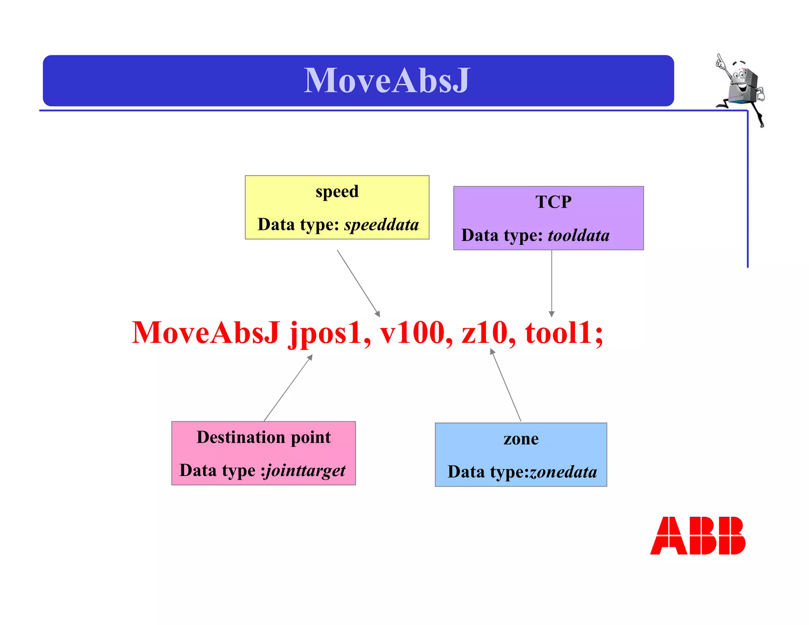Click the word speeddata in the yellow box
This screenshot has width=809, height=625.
pyautogui.click(x=381, y=225)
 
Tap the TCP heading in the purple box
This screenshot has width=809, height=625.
pyautogui.click(x=553, y=202)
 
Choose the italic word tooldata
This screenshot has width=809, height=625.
pyautogui.click(x=578, y=235)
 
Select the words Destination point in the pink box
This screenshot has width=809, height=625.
pyautogui.click(x=263, y=437)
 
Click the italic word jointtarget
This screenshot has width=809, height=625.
pyautogui.click(x=305, y=471)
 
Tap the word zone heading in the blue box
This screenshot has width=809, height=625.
pyautogui.click(x=521, y=439)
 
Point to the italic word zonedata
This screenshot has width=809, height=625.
pyautogui.click(x=563, y=472)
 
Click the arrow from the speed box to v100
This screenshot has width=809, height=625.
pyautogui.click(x=358, y=283)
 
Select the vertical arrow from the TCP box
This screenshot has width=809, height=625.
pyautogui.click(x=551, y=283)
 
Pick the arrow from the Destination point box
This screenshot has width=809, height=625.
pyautogui.click(x=288, y=388)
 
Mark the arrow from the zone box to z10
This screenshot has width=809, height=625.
pyautogui.click(x=506, y=385)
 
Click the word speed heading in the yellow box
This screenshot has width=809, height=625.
pyautogui.click(x=337, y=192)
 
